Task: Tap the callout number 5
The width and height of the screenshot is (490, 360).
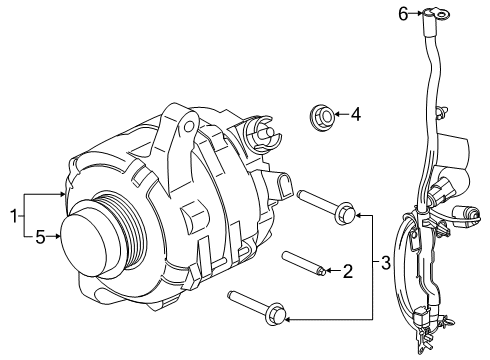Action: [40, 237]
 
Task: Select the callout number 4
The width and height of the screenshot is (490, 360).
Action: [355, 115]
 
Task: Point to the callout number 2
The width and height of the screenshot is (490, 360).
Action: [348, 269]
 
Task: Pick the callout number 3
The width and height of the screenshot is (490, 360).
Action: [386, 264]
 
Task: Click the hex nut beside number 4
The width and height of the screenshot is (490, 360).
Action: [323, 116]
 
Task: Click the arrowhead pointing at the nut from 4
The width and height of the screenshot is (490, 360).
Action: [337, 115]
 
